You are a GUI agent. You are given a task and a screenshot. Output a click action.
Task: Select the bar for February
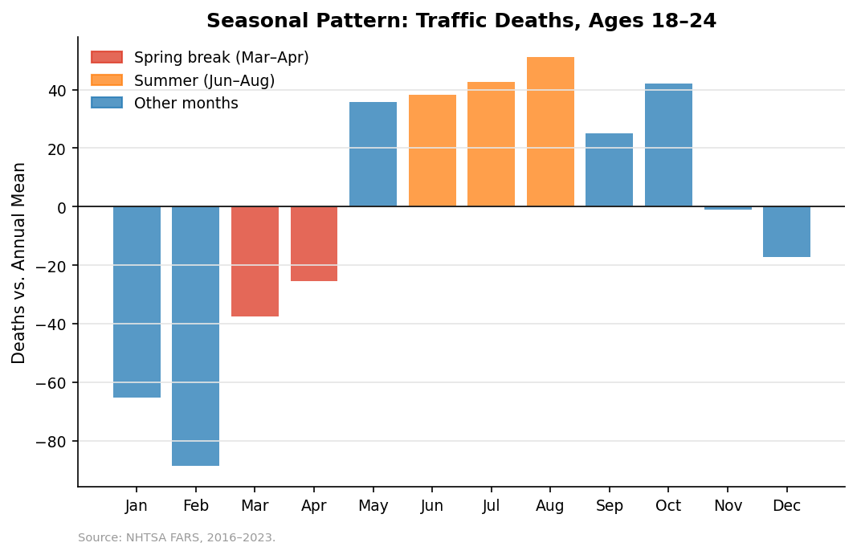point(195,336)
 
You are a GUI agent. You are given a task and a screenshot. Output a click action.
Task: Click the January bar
point(137,302)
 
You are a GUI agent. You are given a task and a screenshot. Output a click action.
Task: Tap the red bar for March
point(255,261)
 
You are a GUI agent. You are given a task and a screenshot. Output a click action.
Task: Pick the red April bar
point(314,243)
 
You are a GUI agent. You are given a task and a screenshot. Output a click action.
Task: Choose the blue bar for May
point(373,154)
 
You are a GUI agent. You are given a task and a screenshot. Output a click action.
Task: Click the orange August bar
point(550,132)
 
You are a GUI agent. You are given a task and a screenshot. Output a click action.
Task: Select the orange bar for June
point(432,151)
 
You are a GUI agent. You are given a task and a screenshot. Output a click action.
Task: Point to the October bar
point(668,145)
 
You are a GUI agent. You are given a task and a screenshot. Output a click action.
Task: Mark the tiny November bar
point(728,208)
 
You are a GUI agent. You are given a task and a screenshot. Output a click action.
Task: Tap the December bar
point(786,231)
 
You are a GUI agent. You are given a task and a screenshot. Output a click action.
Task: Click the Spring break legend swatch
point(107,58)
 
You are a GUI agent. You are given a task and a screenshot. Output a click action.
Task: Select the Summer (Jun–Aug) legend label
point(204,81)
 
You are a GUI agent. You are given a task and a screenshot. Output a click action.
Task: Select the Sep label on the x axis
point(609,506)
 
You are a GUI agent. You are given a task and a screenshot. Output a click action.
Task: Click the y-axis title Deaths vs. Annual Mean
point(19,263)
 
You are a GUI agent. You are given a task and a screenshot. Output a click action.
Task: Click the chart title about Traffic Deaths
point(461,21)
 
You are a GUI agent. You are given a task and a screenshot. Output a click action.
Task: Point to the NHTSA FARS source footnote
point(177,538)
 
